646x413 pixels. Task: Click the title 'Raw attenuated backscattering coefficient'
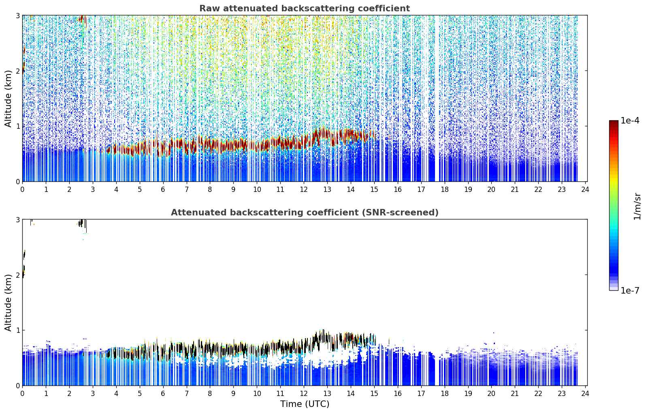pyautogui.click(x=305, y=9)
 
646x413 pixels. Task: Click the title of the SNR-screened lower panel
pyautogui.click(x=305, y=212)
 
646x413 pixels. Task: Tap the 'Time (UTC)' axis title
pyautogui.click(x=305, y=404)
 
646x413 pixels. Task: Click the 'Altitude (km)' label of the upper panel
pyautogui.click(x=8, y=98)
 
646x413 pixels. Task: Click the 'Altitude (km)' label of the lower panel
pyautogui.click(x=8, y=302)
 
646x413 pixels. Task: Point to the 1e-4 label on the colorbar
pyautogui.click(x=630, y=121)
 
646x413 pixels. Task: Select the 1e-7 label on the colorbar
pyautogui.click(x=630, y=290)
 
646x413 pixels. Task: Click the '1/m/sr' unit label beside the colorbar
pyautogui.click(x=637, y=206)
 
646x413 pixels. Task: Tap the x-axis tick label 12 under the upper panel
pyautogui.click(x=304, y=189)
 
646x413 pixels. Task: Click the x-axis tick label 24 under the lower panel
pyautogui.click(x=585, y=394)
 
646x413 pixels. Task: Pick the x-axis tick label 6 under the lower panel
pyautogui.click(x=163, y=394)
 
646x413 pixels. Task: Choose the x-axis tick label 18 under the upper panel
pyautogui.click(x=444, y=189)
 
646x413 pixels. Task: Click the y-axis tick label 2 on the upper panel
pyautogui.click(x=17, y=71)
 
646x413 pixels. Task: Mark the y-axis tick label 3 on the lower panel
pyautogui.click(x=17, y=220)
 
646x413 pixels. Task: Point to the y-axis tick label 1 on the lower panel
pyautogui.click(x=17, y=330)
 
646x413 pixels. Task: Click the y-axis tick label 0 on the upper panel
pyautogui.click(x=17, y=182)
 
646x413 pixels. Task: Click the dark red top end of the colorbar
pyautogui.click(x=614, y=123)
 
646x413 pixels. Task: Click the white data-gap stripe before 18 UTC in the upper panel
pyautogui.click(x=437, y=98)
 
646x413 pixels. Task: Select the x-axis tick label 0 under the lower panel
pyautogui.click(x=23, y=394)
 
